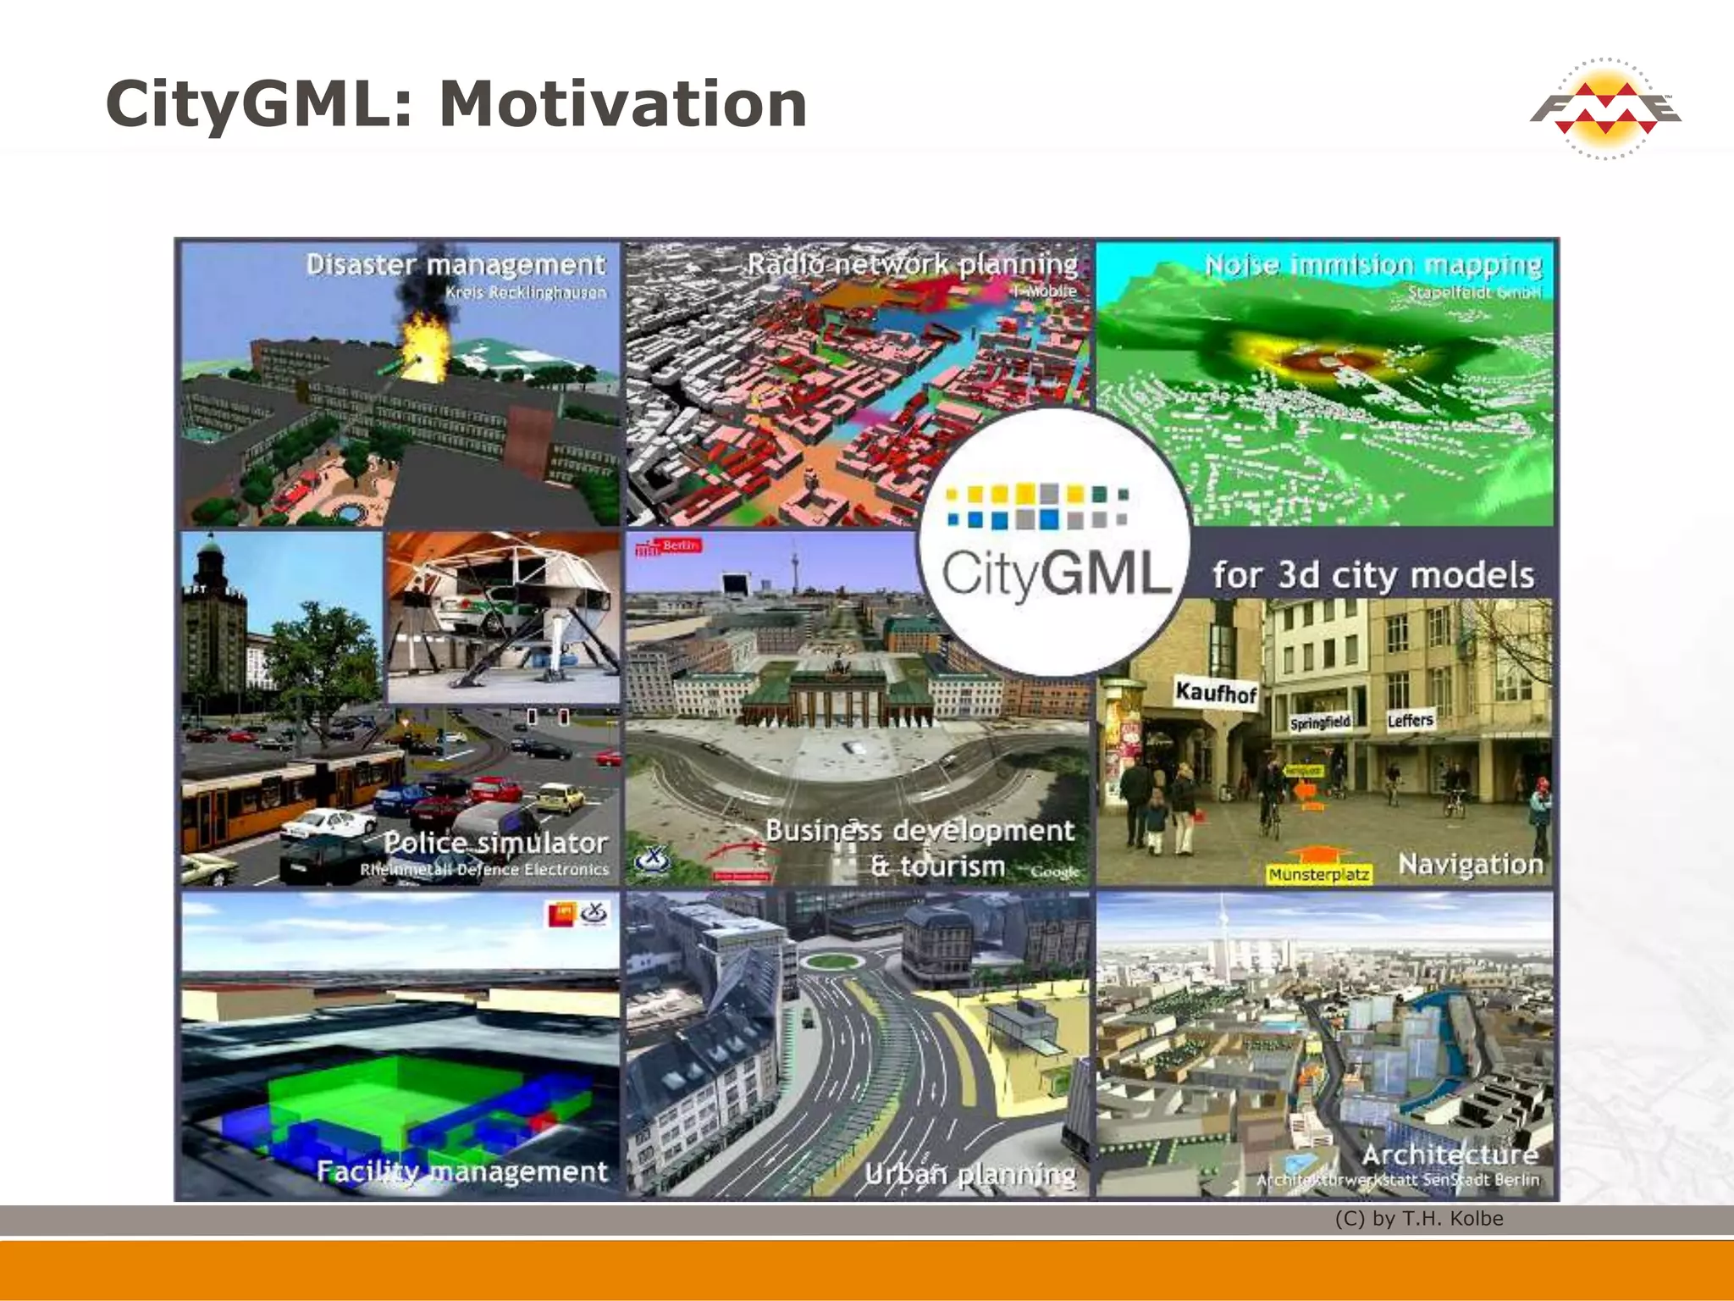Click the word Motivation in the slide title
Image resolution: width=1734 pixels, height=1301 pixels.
click(x=622, y=103)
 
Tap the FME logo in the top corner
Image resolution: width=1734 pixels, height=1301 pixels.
click(x=1604, y=109)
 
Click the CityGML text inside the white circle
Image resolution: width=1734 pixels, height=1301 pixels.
click(x=1057, y=574)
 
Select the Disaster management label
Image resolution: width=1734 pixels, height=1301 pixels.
click(x=456, y=265)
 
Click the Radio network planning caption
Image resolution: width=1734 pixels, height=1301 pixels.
click(x=912, y=264)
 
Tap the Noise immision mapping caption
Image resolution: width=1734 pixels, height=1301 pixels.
click(x=1372, y=265)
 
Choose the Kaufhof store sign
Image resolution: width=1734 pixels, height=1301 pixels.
click(x=1215, y=693)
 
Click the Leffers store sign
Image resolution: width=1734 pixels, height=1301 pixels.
click(x=1410, y=721)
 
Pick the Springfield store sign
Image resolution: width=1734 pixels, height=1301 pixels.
click(x=1319, y=722)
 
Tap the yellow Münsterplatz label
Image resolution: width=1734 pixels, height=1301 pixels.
click(x=1318, y=874)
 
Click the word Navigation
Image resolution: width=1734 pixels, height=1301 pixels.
click(x=1471, y=864)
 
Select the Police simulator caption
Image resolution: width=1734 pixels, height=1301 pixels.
click(x=495, y=843)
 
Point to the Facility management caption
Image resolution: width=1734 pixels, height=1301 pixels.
click(x=461, y=1171)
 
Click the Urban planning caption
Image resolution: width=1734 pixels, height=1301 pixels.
click(x=969, y=1175)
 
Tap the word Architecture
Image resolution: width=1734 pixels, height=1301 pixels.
click(x=1450, y=1154)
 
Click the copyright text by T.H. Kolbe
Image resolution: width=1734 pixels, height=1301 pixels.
click(x=1419, y=1219)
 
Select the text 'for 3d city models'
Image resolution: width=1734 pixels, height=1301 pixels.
click(x=1372, y=575)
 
